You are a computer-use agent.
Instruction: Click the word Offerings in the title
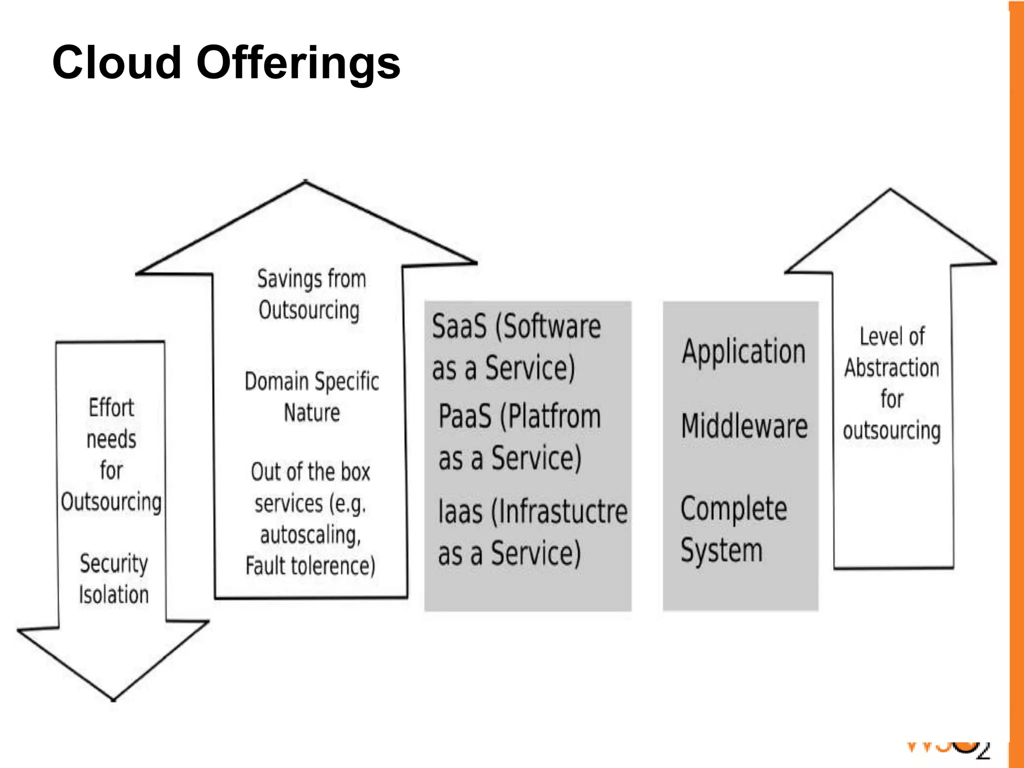click(x=298, y=63)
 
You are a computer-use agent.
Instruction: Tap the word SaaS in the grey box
click(x=459, y=327)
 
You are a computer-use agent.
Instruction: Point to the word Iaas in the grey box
click(x=460, y=512)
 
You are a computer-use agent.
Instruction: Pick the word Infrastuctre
click(x=560, y=512)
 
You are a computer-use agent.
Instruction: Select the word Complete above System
click(x=733, y=509)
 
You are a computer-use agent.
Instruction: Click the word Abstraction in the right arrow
click(x=891, y=368)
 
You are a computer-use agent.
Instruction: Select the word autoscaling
click(x=310, y=535)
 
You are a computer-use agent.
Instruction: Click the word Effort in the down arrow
click(x=111, y=408)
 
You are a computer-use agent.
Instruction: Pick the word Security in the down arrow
click(x=113, y=564)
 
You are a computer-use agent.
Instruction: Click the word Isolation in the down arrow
click(x=113, y=595)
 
